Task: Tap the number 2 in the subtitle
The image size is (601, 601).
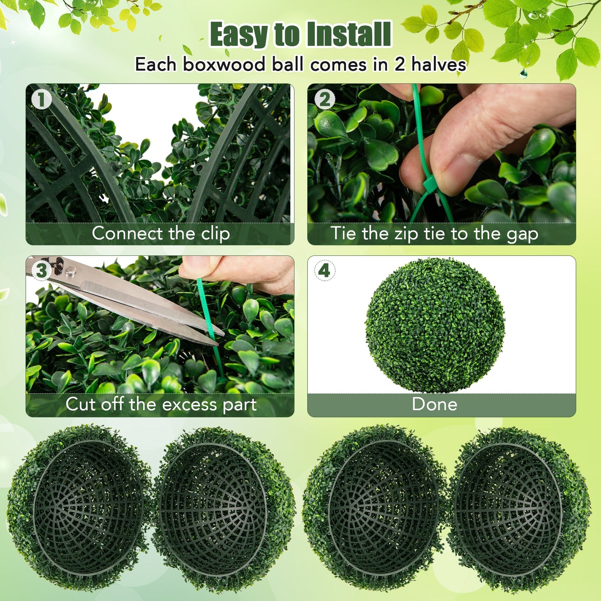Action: pyautogui.click(x=399, y=64)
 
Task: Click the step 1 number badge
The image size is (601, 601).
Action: pyautogui.click(x=42, y=100)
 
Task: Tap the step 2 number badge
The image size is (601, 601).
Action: pyautogui.click(x=324, y=100)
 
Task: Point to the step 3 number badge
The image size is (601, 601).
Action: pyautogui.click(x=42, y=271)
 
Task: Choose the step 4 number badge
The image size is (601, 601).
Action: pyautogui.click(x=324, y=271)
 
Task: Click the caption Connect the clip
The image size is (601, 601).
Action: pyautogui.click(x=161, y=233)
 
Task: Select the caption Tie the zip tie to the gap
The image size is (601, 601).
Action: pyautogui.click(x=434, y=233)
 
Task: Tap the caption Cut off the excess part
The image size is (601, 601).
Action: pyautogui.click(x=161, y=404)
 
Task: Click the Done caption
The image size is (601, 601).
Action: pyautogui.click(x=434, y=404)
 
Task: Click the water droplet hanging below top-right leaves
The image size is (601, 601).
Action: pyautogui.click(x=524, y=74)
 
